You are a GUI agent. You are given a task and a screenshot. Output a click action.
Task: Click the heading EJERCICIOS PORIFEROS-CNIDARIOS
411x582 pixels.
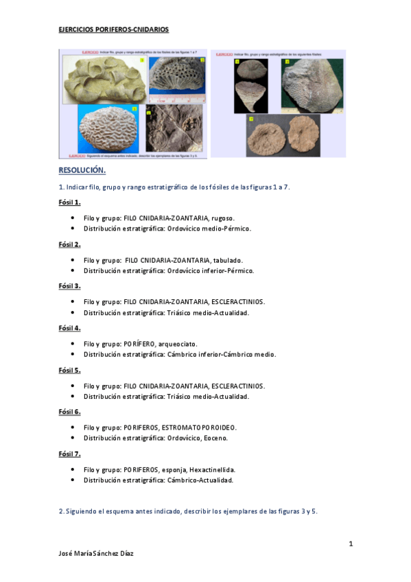click(x=113, y=30)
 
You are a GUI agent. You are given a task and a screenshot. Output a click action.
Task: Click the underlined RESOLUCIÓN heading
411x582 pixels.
click(x=82, y=170)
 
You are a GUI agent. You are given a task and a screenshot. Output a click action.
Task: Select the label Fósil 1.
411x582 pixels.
click(x=69, y=202)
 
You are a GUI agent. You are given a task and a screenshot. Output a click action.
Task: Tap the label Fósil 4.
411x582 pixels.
click(x=69, y=328)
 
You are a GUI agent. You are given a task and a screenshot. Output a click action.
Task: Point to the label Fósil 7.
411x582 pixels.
click(x=69, y=454)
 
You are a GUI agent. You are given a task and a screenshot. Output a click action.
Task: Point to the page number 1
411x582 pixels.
click(x=351, y=544)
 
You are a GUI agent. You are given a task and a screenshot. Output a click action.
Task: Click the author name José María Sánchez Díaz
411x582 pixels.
click(x=97, y=553)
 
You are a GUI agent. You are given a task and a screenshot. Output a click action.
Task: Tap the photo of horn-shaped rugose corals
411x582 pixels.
click(x=102, y=78)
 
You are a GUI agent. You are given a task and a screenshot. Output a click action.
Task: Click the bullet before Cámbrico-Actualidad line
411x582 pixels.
click(x=73, y=480)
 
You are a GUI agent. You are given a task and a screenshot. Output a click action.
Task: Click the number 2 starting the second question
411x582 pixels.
click(x=60, y=511)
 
